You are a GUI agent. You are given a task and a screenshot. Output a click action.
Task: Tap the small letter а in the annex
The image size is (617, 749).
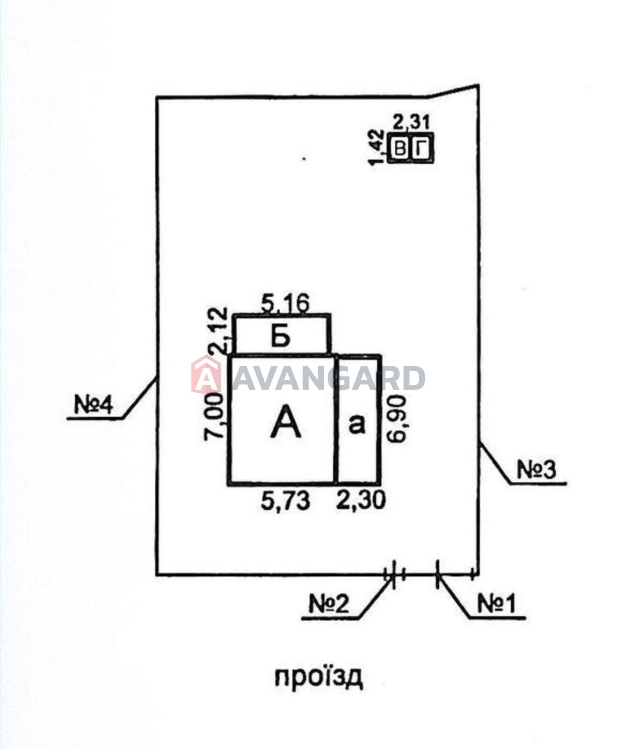[357, 424]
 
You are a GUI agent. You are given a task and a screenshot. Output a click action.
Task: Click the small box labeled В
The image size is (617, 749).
[400, 149]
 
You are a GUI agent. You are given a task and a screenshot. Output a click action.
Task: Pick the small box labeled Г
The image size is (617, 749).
[422, 149]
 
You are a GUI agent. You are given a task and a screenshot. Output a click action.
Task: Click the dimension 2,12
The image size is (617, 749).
[218, 330]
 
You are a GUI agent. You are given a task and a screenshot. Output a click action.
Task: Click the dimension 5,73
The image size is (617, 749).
[285, 501]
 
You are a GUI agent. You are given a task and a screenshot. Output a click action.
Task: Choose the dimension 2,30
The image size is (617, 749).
[362, 500]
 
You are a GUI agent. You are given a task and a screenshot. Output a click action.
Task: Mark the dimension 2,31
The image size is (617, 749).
[411, 123]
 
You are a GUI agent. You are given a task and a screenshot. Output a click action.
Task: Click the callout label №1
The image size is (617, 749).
[496, 604]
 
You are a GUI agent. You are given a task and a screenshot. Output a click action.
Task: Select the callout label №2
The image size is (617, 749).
[329, 604]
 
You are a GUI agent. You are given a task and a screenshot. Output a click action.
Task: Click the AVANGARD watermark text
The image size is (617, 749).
[328, 378]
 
